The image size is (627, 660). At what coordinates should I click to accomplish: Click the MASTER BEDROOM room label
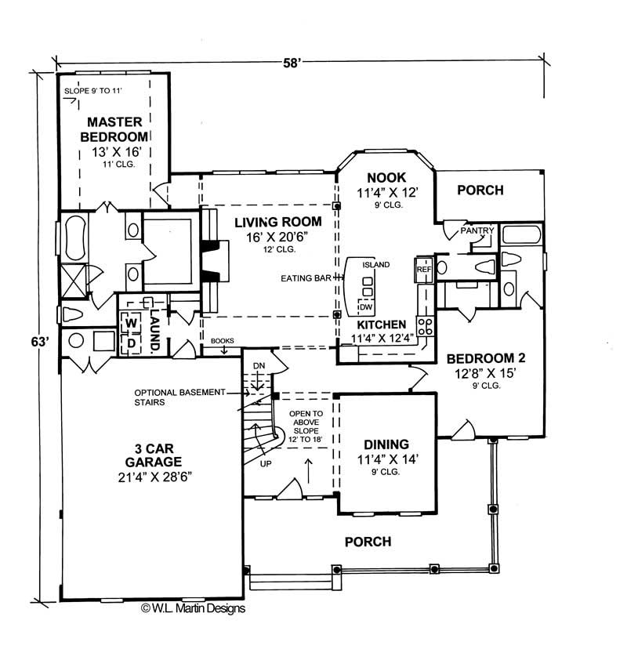pos(114,129)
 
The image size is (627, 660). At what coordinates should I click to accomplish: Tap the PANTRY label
pos(476,231)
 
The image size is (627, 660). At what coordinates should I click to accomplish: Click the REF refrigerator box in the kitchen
pos(424,269)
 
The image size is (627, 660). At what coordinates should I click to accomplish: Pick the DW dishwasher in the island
pos(366,306)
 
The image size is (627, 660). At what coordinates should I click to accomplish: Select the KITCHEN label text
pos(382,324)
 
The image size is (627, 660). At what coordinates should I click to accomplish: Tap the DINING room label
pos(384,444)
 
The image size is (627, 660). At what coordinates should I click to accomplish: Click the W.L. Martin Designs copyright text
pos(193,607)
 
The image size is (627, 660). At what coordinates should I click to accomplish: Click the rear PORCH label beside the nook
pos(480,190)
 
